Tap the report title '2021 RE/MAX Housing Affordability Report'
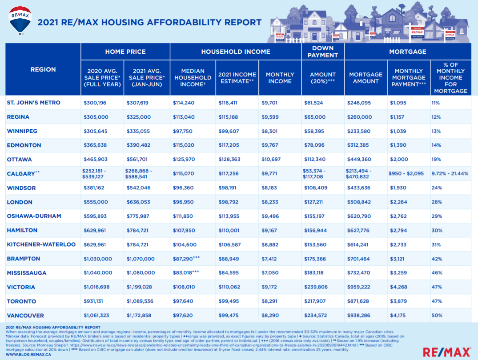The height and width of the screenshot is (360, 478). pos(149,22)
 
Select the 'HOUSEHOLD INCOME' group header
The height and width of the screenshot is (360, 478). pos(235,52)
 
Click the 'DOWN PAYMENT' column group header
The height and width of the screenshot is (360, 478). pos(323,52)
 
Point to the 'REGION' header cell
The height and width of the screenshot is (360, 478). pos(43,69)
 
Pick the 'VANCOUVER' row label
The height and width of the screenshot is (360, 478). pos(25,316)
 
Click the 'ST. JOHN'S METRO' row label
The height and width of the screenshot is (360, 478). pos(33,103)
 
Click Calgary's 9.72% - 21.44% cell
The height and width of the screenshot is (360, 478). pos(450,174)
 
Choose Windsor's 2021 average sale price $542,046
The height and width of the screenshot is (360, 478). pos(139,188)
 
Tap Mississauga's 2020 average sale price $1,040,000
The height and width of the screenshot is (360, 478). pos(98,273)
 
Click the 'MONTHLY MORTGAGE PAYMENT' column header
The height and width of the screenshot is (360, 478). pos(409,78)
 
